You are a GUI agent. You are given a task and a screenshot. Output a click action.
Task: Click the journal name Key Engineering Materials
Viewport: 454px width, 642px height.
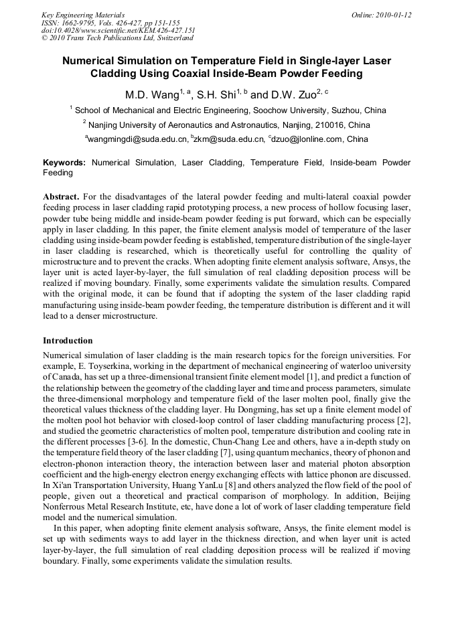pyautogui.click(x=82, y=14)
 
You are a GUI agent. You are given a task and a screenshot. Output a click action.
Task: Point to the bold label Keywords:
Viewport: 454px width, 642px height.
pyautogui.click(x=64, y=163)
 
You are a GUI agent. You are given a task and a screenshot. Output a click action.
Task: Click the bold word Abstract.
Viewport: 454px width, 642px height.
pyautogui.click(x=61, y=197)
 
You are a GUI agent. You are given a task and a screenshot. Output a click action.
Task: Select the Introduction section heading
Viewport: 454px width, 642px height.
pyautogui.click(x=68, y=341)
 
